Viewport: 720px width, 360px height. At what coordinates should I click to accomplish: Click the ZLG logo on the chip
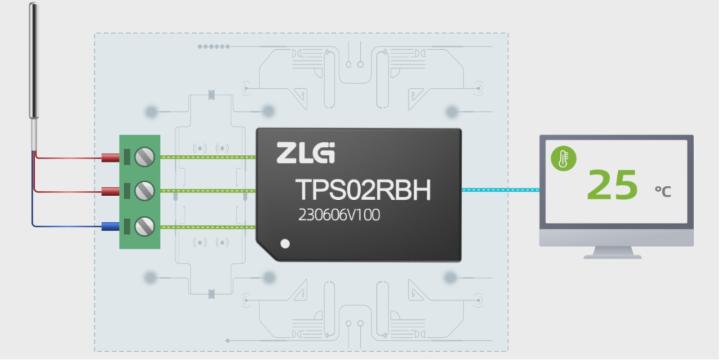[x=305, y=153]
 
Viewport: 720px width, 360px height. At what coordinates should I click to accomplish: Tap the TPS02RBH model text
[x=363, y=190]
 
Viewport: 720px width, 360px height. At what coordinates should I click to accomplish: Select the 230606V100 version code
[x=339, y=215]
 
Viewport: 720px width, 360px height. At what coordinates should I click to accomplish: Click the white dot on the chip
[x=285, y=244]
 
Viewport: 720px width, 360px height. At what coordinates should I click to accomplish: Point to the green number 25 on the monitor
[x=612, y=185]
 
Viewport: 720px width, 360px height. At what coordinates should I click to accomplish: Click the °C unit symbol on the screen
[x=663, y=191]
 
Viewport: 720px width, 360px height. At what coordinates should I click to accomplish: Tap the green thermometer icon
[x=563, y=159]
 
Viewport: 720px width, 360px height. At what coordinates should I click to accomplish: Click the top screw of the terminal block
[x=145, y=157]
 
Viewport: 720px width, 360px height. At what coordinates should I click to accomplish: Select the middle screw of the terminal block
[x=145, y=191]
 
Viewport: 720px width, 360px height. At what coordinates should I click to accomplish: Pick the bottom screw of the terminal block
[x=145, y=227]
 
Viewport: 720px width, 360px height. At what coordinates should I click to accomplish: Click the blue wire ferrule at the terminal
[x=110, y=226]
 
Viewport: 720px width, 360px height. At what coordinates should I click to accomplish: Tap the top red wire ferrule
[x=110, y=158]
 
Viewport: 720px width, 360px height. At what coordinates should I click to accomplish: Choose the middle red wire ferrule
[x=110, y=191]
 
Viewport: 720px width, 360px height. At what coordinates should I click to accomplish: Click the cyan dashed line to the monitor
[x=500, y=189]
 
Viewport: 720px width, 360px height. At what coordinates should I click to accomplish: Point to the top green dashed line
[x=208, y=157]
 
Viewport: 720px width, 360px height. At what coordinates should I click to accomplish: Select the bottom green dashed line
[x=208, y=227]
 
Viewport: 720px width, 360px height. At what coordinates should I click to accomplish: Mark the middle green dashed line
[x=208, y=191]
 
